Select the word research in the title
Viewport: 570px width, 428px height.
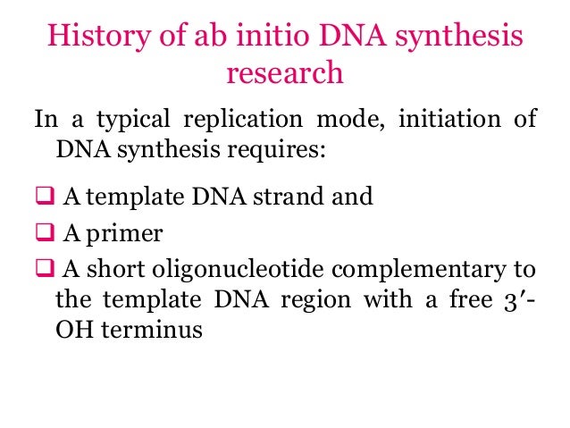[284, 72]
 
